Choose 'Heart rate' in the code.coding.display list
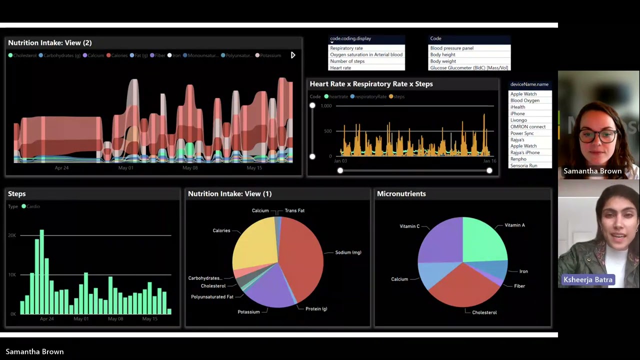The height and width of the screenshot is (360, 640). click(340, 68)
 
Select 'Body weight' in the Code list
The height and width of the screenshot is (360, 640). click(443, 61)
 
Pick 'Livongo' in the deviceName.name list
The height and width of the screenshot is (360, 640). click(518, 120)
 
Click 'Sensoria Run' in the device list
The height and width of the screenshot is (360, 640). click(523, 166)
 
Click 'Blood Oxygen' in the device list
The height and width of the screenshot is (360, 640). click(524, 100)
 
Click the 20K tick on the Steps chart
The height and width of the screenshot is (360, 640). click(12, 235)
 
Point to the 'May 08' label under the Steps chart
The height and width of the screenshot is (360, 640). click(115, 319)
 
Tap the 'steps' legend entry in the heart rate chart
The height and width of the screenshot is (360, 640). click(398, 96)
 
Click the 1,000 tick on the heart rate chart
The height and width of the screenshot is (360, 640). click(326, 106)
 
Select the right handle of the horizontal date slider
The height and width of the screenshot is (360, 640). click(489, 170)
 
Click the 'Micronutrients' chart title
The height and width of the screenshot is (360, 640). click(401, 194)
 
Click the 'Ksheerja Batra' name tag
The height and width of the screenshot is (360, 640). click(587, 280)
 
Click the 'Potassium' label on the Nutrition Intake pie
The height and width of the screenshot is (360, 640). click(248, 312)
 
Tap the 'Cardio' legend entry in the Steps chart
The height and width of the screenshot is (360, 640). click(33, 206)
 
